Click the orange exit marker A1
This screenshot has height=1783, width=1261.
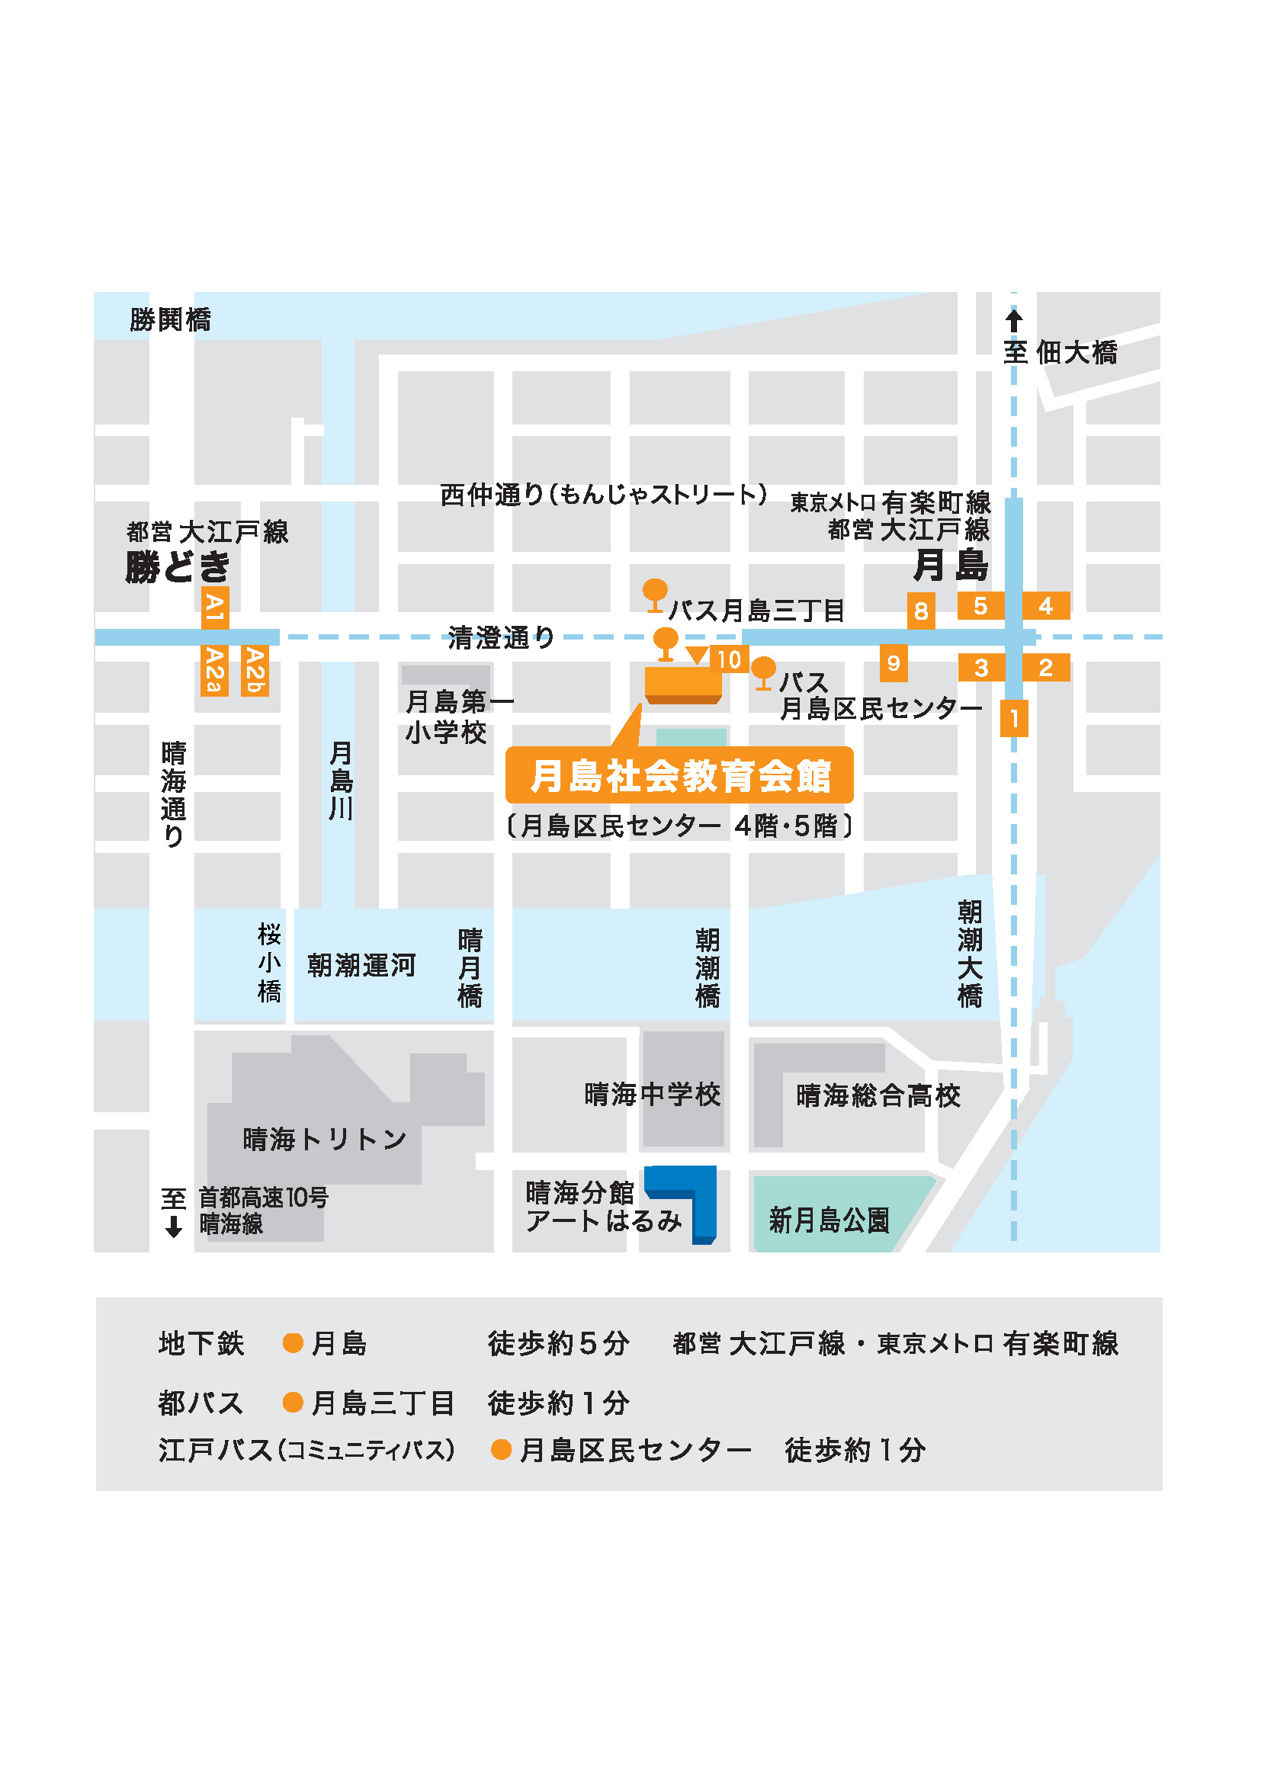214,608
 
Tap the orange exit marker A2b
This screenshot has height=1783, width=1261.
255,670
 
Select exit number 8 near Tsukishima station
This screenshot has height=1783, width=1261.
920,611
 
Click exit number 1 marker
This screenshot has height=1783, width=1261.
1013,718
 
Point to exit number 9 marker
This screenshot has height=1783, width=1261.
893,663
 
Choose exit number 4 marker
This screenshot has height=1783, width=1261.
1045,606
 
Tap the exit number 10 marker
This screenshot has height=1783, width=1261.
728,659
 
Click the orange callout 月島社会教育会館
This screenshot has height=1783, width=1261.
679,775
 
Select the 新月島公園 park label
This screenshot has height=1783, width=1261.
829,1220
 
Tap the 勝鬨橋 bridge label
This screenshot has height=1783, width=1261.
170,319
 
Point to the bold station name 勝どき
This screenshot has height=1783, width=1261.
178,567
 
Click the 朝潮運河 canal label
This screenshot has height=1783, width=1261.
361,965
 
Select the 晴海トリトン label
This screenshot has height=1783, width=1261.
325,1139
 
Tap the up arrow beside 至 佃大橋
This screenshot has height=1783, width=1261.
1013,320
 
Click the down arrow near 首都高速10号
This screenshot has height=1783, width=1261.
173,1227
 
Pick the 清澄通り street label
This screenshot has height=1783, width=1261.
501,638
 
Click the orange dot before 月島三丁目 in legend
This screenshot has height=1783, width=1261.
293,1402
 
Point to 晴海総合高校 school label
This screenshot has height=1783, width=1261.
878,1095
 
